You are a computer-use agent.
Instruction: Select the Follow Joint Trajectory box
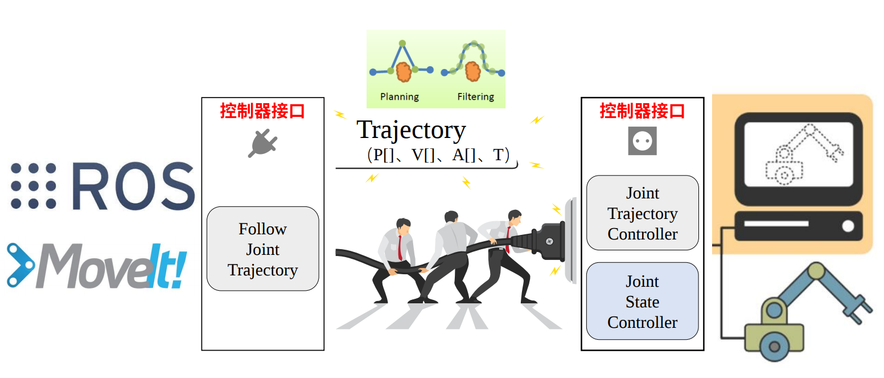coord(262,249)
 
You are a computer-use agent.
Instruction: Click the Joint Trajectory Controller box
coord(642,213)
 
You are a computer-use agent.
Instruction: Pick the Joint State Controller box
coord(642,302)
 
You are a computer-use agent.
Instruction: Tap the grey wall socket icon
coord(642,141)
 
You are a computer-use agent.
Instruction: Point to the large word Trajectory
coord(411,131)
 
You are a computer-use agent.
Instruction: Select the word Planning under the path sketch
coord(399,97)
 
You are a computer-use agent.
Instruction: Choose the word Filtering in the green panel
coord(475,97)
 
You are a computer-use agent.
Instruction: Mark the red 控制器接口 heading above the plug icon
coord(262,111)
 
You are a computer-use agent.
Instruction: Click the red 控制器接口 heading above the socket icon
coord(642,111)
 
